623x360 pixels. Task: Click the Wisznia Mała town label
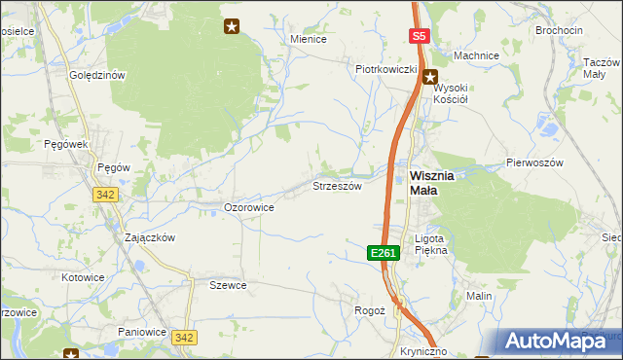[x=424, y=183]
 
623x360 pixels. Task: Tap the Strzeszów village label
[x=337, y=185]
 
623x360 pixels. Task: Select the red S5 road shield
[x=419, y=37]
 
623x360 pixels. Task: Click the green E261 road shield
[x=384, y=253]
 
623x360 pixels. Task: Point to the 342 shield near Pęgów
[x=106, y=195]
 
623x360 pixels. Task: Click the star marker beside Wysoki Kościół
[x=430, y=73]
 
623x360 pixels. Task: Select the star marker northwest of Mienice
[x=232, y=26]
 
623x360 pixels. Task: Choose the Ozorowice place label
[x=249, y=207]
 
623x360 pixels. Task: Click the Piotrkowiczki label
[x=385, y=69]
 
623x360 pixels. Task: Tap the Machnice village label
[x=476, y=55]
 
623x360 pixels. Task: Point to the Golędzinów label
[x=97, y=75]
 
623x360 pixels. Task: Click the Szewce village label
[x=228, y=285]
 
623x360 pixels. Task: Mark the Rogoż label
[x=370, y=310]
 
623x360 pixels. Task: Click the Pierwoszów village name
[x=534, y=162]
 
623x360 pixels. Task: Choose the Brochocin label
[x=559, y=30]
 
